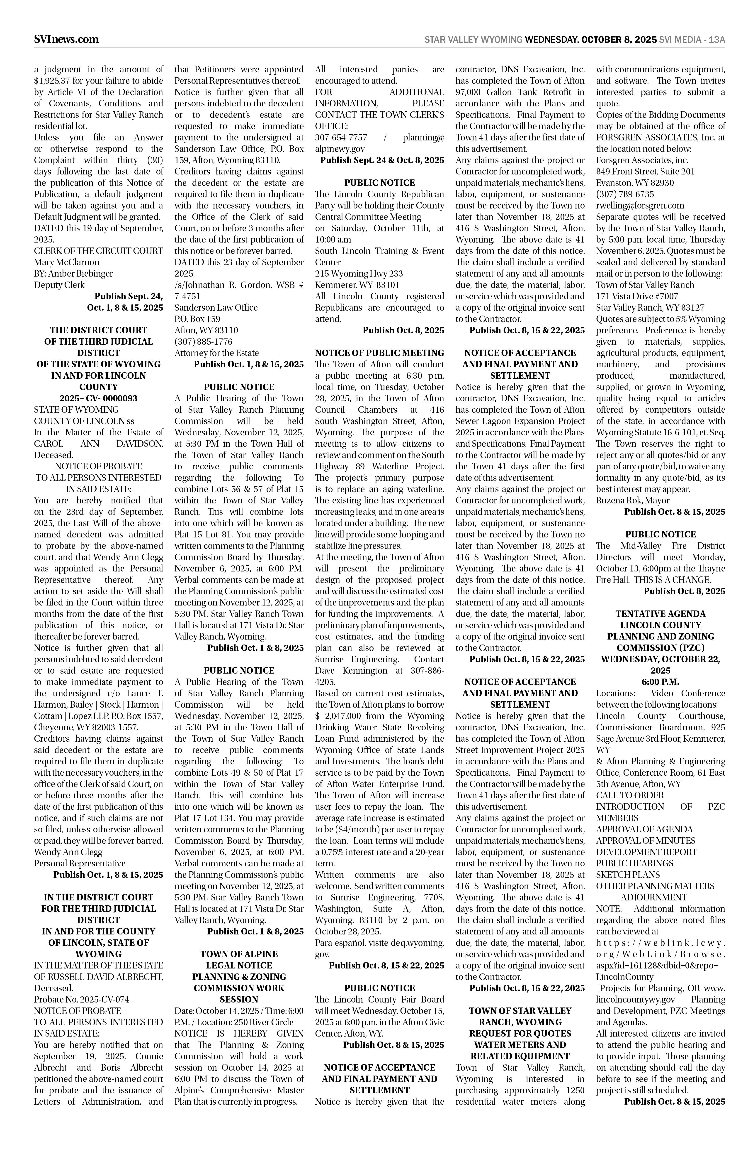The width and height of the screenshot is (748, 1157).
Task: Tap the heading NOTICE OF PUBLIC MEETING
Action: pos(379,353)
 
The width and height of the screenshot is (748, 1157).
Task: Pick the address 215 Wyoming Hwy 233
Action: pos(359,274)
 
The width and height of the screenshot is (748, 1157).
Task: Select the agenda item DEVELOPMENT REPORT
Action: pos(646,852)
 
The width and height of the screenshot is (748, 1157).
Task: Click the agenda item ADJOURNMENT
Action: pos(654,897)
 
